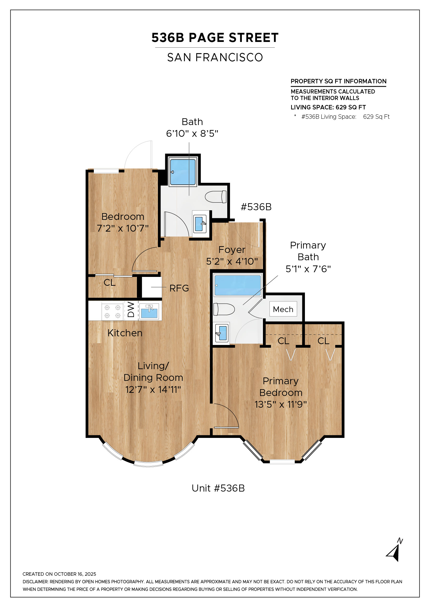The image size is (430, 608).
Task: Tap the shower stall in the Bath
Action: pos(183,172)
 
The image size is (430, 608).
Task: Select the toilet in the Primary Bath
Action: pos(224,309)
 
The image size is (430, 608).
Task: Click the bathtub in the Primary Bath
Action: pos(238,285)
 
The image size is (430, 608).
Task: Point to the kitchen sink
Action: pos(149,311)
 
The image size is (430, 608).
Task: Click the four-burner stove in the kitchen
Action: pos(112,311)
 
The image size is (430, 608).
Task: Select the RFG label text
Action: pos(179,288)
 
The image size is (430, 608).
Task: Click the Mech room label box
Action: pos(283,309)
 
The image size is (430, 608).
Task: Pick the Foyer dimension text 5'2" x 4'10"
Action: pos(232,261)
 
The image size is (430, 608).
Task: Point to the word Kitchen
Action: pos(125,333)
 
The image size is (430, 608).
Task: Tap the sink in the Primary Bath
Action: pos(222,333)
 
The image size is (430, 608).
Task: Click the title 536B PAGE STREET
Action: pos(215,38)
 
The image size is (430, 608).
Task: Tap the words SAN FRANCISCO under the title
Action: pos(215,58)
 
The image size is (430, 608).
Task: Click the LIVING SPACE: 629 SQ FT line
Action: pos(328,107)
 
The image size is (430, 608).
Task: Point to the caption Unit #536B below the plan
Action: pos(218,488)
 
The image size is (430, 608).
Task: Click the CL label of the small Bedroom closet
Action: pos(109,283)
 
